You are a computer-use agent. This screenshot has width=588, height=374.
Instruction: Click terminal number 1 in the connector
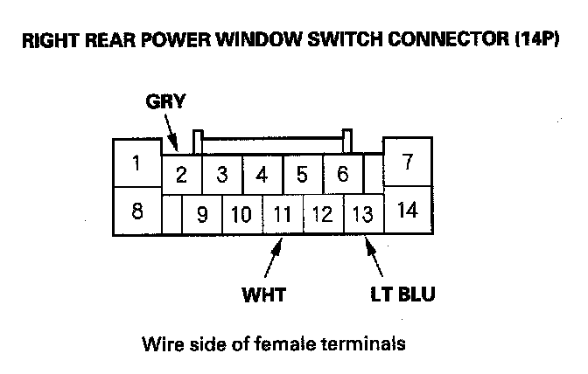click(137, 163)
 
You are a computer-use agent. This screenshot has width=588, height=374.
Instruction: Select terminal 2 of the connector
click(182, 175)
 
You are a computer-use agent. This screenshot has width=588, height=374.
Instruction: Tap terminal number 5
click(302, 175)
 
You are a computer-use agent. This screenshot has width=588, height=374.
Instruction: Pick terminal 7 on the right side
click(408, 162)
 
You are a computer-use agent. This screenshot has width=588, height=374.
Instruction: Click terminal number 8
click(137, 211)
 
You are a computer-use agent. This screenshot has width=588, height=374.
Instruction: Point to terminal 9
click(202, 214)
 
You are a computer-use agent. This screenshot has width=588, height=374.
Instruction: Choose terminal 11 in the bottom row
click(283, 214)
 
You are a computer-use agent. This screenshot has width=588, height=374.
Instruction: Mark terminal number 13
click(363, 214)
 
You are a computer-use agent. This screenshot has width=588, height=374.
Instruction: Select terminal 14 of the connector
click(408, 210)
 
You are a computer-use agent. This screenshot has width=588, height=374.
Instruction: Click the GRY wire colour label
click(165, 101)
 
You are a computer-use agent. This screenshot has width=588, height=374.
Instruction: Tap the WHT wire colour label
click(264, 295)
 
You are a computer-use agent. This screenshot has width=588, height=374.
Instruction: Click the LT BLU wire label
click(402, 294)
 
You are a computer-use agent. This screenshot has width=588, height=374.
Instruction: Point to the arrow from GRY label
click(171, 133)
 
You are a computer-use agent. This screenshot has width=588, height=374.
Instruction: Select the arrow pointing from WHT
click(273, 258)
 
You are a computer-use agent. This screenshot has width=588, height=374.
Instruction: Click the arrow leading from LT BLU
click(374, 257)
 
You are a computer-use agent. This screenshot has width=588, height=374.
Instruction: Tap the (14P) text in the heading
click(537, 39)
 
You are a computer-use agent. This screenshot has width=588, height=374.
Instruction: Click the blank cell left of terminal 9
click(172, 214)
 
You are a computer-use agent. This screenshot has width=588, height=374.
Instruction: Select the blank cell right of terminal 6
click(374, 175)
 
